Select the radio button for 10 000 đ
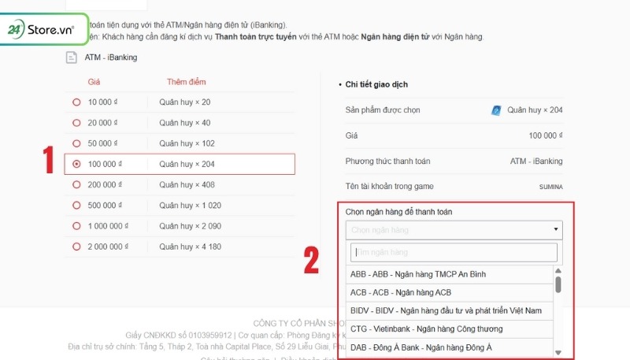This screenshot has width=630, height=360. (x=76, y=102)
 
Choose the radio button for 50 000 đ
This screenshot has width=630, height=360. (x=76, y=143)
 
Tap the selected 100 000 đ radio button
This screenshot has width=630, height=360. (x=76, y=164)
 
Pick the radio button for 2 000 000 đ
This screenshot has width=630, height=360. (x=76, y=247)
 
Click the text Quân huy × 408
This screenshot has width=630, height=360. (x=186, y=184)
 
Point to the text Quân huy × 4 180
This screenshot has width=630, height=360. (x=189, y=247)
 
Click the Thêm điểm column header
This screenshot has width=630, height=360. (x=187, y=81)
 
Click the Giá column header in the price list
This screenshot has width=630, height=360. (x=94, y=81)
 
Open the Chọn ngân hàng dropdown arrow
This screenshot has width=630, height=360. (x=557, y=230)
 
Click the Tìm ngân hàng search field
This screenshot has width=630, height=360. (x=454, y=252)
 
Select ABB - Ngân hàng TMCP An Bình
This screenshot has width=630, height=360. (x=418, y=274)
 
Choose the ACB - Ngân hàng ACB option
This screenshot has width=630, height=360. (x=401, y=292)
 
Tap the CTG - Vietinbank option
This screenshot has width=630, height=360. (x=426, y=328)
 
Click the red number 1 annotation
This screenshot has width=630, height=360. (x=48, y=161)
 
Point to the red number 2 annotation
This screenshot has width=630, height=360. (x=312, y=261)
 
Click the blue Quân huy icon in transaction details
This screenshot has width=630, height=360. (x=495, y=110)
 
